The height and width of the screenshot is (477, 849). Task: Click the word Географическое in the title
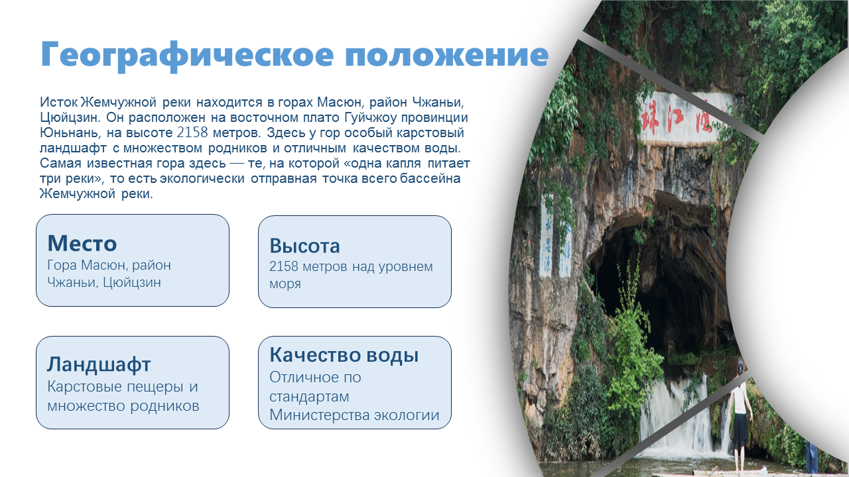coord(187,55)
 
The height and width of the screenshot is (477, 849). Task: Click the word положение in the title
coord(447,55)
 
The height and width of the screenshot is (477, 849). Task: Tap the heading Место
coord(82,243)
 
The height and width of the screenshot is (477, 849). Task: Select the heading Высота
coord(304,246)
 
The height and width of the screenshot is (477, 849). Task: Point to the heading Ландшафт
coord(99,364)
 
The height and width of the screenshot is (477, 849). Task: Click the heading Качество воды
coord(344,356)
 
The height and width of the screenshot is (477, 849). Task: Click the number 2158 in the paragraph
coord(192,133)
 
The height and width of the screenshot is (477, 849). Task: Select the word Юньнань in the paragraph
coord(70,133)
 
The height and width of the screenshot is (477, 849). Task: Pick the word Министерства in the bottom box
coord(320,415)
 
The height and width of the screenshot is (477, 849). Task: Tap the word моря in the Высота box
coord(285,285)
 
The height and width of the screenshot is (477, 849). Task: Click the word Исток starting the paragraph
coord(59,102)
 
